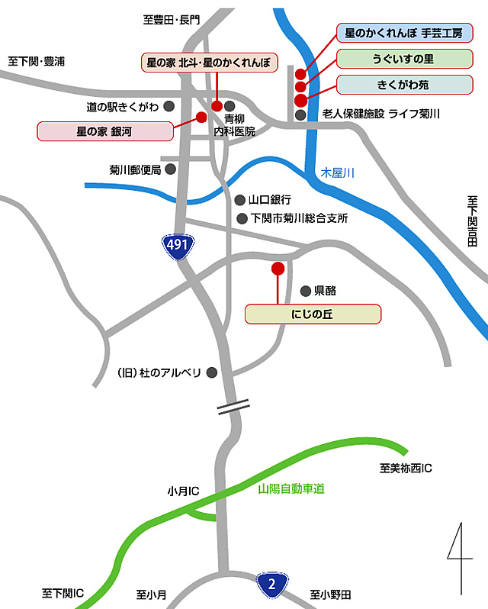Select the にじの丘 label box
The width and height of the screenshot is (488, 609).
coord(312,314)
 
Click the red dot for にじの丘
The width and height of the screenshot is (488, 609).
coord(278,269)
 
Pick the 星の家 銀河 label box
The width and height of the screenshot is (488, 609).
coord(104,131)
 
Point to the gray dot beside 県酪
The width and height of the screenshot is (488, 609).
coord(306,290)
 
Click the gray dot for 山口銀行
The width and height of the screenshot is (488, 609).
coord(241,200)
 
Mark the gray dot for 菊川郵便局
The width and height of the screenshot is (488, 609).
coord(170,169)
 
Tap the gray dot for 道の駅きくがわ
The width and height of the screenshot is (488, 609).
coord(169,107)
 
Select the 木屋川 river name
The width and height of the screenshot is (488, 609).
coord(337,173)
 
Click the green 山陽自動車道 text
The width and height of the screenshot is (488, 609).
coord(296,488)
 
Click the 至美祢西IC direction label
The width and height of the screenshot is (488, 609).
coord(405,466)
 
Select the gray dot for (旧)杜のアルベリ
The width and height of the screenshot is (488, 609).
coord(213,372)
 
